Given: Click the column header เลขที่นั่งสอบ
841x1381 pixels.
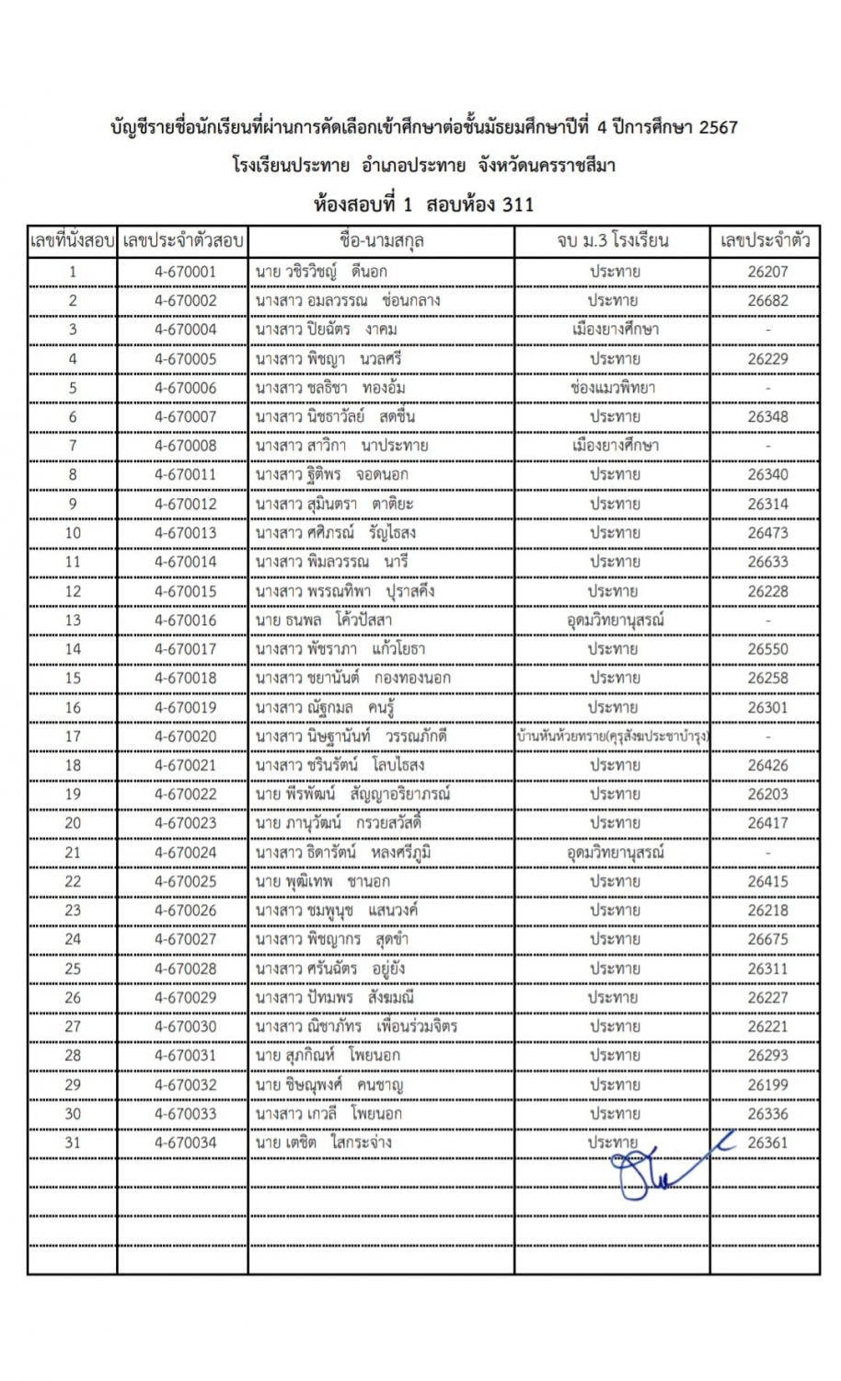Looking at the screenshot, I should (x=73, y=242).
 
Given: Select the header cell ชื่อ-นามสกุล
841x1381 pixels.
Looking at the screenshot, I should (x=381, y=242).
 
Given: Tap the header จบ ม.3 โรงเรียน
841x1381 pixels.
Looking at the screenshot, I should (x=613, y=242).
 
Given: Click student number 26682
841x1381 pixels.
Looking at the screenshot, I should (x=767, y=300).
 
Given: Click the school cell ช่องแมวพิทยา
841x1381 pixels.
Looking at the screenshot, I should (x=613, y=388).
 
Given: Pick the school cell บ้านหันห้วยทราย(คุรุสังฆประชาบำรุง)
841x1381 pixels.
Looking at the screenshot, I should (x=613, y=737).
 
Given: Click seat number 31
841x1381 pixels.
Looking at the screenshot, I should (x=73, y=1143).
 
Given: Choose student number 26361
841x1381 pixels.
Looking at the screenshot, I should (x=767, y=1143).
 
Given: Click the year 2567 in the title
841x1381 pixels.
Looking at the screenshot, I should (x=718, y=128).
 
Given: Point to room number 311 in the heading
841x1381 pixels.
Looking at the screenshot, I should (x=517, y=204).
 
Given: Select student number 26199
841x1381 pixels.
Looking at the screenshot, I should (x=767, y=1085).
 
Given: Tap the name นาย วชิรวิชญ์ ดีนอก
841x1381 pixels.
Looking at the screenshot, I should (x=321, y=272).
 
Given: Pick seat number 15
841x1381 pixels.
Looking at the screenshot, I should (x=73, y=678).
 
